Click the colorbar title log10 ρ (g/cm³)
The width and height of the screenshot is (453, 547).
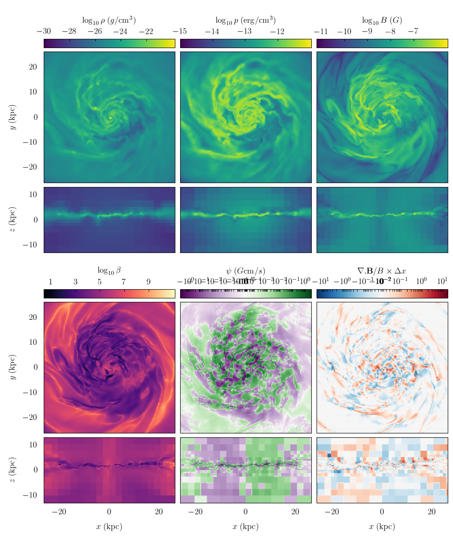[x=109, y=21]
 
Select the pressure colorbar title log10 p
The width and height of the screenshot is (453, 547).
[x=245, y=21]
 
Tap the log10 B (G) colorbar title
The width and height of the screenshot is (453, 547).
[x=382, y=21]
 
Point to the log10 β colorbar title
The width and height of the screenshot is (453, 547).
[x=109, y=270]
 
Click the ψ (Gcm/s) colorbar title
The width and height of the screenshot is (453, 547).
[x=245, y=271]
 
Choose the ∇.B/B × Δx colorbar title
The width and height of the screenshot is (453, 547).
[x=382, y=271]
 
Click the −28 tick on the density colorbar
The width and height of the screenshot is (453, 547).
[x=69, y=31]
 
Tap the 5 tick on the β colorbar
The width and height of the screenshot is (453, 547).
[x=100, y=282]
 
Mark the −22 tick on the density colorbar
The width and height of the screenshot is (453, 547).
[x=146, y=31]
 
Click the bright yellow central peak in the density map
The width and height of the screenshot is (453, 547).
[x=110, y=118]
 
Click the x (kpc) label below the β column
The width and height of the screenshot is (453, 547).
[x=109, y=526]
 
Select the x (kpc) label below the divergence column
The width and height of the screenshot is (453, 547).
[x=382, y=526]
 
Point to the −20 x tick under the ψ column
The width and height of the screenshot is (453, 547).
[x=195, y=512]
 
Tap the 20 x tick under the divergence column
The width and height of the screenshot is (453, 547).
[x=432, y=512]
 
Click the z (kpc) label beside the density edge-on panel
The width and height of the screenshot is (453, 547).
[x=13, y=220]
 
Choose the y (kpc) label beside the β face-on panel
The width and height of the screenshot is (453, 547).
[x=13, y=367]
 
